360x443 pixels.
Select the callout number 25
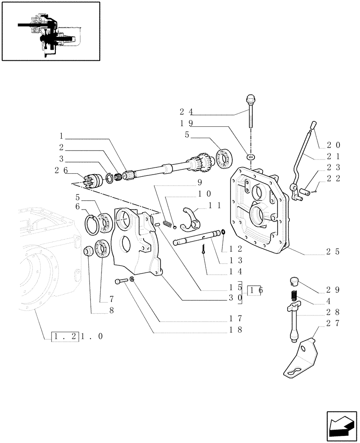coord(333,251)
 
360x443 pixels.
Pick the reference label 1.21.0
coord(78,336)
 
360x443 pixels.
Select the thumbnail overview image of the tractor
coord(51,31)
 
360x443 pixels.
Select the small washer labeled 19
coord(251,156)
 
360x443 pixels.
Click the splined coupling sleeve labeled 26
coord(92,182)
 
